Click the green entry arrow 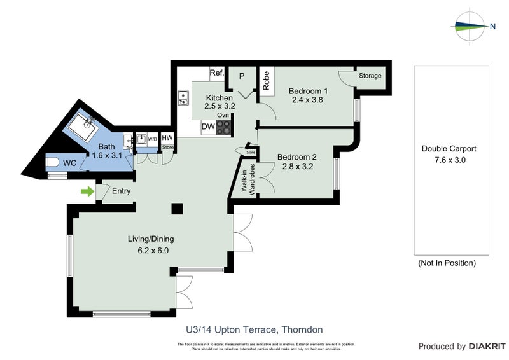pyautogui.click(x=87, y=191)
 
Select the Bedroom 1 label pyautogui.click(x=309, y=91)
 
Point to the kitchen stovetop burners pyautogui.click(x=223, y=127)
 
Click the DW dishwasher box pyautogui.click(x=208, y=127)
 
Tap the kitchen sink pyautogui.click(x=184, y=98)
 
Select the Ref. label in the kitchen pyautogui.click(x=217, y=74)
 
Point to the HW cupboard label pyautogui.click(x=167, y=138)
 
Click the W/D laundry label pyautogui.click(x=152, y=138)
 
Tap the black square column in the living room pyautogui.click(x=177, y=209)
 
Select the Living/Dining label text pyautogui.click(x=151, y=239)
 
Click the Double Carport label pyautogui.click(x=449, y=149)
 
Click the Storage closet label pyautogui.click(x=370, y=76)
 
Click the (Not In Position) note pyautogui.click(x=447, y=263)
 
